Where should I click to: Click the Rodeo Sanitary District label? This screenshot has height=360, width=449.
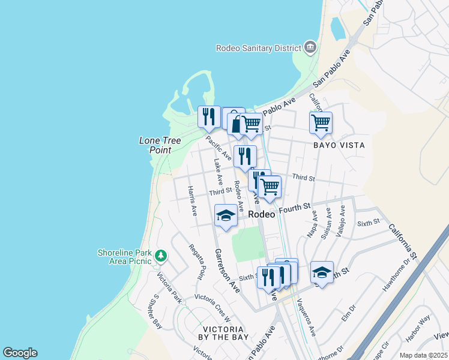pos(259,47)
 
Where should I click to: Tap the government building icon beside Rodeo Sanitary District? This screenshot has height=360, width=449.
pos(310,47)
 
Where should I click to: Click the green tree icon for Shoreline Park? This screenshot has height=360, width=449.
pos(160,256)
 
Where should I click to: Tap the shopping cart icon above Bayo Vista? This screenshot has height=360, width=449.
pos(321,122)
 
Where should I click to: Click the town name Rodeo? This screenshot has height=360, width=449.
pos(260,214)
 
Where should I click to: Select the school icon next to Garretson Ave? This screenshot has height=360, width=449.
pos(226,215)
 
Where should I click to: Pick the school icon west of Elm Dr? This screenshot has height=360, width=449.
pos(322,273)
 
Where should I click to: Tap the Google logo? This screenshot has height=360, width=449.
pos(20,353)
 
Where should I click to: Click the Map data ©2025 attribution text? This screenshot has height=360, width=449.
pos(423,355)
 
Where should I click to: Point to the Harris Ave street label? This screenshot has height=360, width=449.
pos(192,201)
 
